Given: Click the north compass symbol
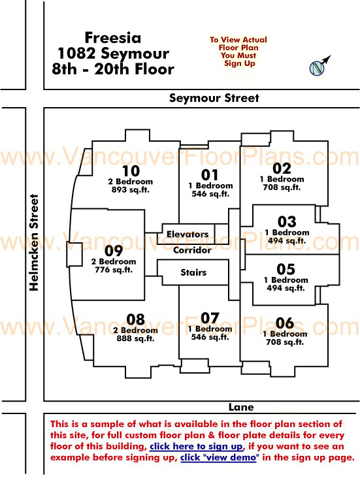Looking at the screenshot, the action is (318, 67).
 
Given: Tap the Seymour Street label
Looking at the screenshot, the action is (214, 98).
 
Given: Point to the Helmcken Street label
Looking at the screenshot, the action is (34, 242).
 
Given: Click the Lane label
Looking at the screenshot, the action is (241, 407).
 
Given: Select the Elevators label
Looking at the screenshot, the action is (188, 234).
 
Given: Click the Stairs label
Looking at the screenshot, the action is (193, 272).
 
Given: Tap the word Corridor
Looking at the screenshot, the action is (192, 250).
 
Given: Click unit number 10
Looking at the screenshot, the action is (131, 171).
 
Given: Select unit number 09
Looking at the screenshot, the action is (114, 251).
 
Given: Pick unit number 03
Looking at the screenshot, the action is (287, 221).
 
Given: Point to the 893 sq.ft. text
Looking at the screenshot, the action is (131, 189).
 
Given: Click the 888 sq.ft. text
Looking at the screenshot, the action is (135, 338).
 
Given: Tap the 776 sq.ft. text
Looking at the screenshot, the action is (114, 270).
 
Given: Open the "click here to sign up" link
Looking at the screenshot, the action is (196, 446).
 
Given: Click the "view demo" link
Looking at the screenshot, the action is (218, 457).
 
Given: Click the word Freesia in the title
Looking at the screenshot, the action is (113, 38).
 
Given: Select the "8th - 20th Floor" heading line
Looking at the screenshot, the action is (113, 69).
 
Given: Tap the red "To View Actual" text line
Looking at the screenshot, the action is (238, 40).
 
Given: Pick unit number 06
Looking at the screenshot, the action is (285, 323).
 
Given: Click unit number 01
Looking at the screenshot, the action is (210, 175).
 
